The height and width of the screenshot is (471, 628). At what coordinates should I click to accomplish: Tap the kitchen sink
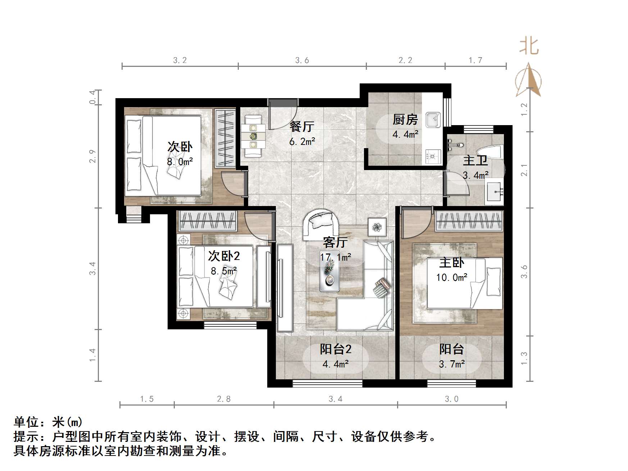tap(433, 119)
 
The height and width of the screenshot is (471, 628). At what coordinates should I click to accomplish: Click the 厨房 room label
tap(405, 120)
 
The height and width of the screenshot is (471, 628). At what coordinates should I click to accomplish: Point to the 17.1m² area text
tap(335, 257)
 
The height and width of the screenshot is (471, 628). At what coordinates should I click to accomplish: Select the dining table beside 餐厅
tap(254, 136)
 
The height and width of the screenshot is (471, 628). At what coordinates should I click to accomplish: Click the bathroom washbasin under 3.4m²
tap(495, 191)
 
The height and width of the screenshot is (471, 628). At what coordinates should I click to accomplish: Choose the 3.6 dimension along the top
tap(302, 60)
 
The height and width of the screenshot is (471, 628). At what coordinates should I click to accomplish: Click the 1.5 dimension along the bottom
tap(147, 399)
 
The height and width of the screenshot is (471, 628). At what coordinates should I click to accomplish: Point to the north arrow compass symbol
tap(528, 81)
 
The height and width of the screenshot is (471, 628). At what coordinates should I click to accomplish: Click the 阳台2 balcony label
tap(335, 349)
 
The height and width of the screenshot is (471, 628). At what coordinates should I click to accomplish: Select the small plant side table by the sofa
tap(377, 227)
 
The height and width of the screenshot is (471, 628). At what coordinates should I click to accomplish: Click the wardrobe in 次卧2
tap(208, 221)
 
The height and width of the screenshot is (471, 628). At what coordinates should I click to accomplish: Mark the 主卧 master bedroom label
tap(451, 263)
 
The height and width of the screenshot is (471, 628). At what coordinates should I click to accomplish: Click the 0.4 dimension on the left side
tap(93, 97)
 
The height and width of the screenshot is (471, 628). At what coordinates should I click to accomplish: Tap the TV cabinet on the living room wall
tap(285, 288)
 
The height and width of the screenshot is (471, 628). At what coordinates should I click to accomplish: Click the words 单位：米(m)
tap(48, 422)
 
